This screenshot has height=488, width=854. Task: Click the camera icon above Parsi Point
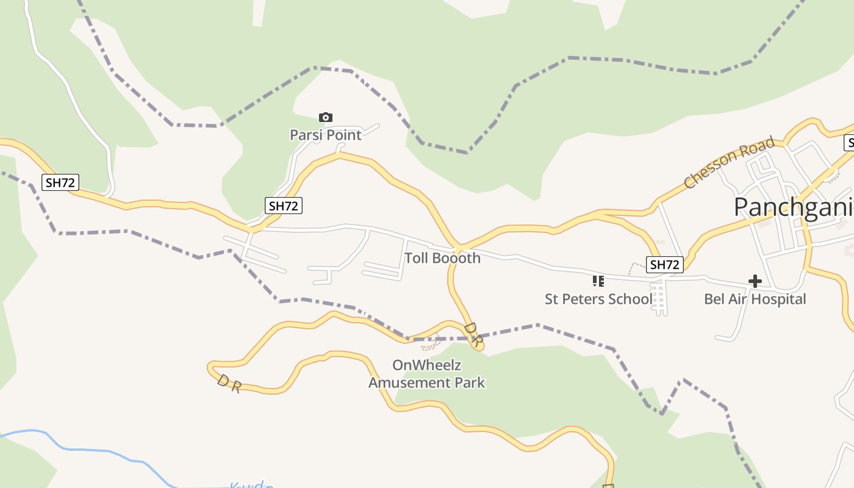point(326,117)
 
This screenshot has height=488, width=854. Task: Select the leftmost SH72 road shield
point(60,182)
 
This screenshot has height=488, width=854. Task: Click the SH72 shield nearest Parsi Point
point(284,206)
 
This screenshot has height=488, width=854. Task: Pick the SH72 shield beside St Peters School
point(664,264)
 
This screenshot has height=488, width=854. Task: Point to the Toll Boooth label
point(442,258)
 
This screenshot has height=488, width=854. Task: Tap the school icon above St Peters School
point(598,281)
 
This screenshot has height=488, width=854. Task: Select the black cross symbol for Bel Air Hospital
point(755,281)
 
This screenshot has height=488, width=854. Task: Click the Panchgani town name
point(793,207)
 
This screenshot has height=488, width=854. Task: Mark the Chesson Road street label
point(730,162)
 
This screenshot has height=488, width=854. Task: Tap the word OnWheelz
point(426,365)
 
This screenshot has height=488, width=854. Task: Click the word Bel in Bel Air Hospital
point(715,299)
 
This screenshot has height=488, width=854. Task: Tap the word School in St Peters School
point(631,299)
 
